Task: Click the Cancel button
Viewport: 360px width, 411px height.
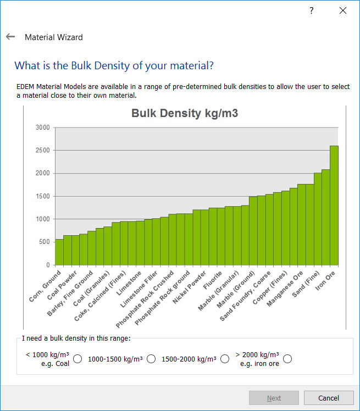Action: (329, 398)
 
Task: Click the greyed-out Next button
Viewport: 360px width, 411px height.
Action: (274, 398)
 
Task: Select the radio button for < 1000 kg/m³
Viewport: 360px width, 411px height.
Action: (77, 359)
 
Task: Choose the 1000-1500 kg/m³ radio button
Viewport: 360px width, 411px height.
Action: (151, 359)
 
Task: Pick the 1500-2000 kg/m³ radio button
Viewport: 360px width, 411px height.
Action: (225, 359)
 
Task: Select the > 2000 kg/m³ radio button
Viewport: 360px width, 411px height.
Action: (287, 359)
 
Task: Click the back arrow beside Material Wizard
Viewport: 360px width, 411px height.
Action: (10, 37)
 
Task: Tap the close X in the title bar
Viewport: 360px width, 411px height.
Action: (343, 10)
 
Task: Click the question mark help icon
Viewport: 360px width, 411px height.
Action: (311, 10)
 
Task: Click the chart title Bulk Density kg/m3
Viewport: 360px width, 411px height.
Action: (184, 114)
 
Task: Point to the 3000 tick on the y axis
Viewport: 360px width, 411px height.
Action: (43, 128)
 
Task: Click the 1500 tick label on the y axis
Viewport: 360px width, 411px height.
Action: (43, 196)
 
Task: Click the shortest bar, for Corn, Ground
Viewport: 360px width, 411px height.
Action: (59, 252)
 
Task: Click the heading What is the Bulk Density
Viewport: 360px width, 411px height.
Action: (114, 66)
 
